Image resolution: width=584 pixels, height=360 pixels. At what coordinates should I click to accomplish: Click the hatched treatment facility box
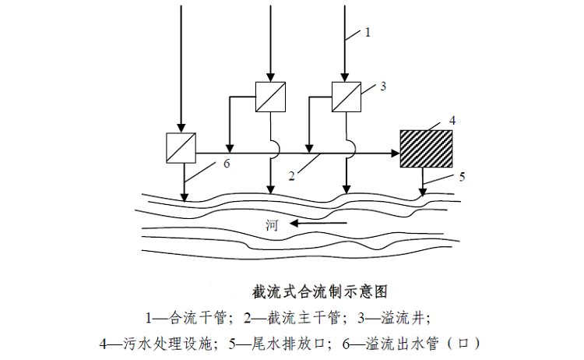(x=426, y=147)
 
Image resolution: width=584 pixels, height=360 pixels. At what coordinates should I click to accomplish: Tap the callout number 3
(x=383, y=86)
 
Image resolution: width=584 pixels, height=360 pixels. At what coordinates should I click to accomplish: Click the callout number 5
(x=461, y=177)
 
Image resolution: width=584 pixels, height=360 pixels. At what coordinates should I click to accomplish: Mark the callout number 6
(x=226, y=165)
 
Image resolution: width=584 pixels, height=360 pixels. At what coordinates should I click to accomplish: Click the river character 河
(x=272, y=226)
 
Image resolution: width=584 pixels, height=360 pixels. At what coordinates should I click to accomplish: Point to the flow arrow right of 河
(x=319, y=224)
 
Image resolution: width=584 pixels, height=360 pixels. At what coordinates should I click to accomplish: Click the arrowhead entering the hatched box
(x=394, y=154)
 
